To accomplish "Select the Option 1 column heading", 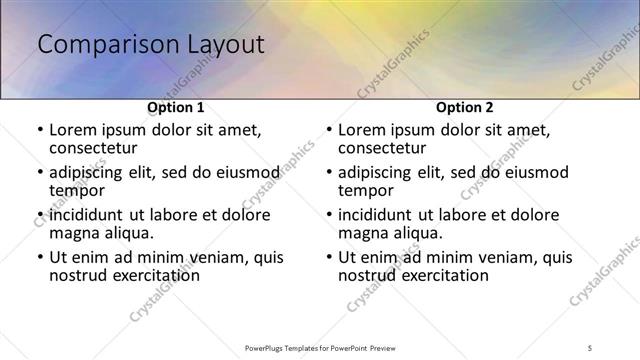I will pyautogui.click(x=176, y=107).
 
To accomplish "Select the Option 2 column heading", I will pyautogui.click(x=464, y=107).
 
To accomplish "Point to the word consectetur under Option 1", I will pyautogui.click(x=97, y=148).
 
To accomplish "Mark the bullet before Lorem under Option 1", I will pyautogui.click(x=39, y=130).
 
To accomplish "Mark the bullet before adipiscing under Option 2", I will pyautogui.click(x=328, y=172).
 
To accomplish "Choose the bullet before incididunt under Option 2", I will pyautogui.click(x=328, y=215).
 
